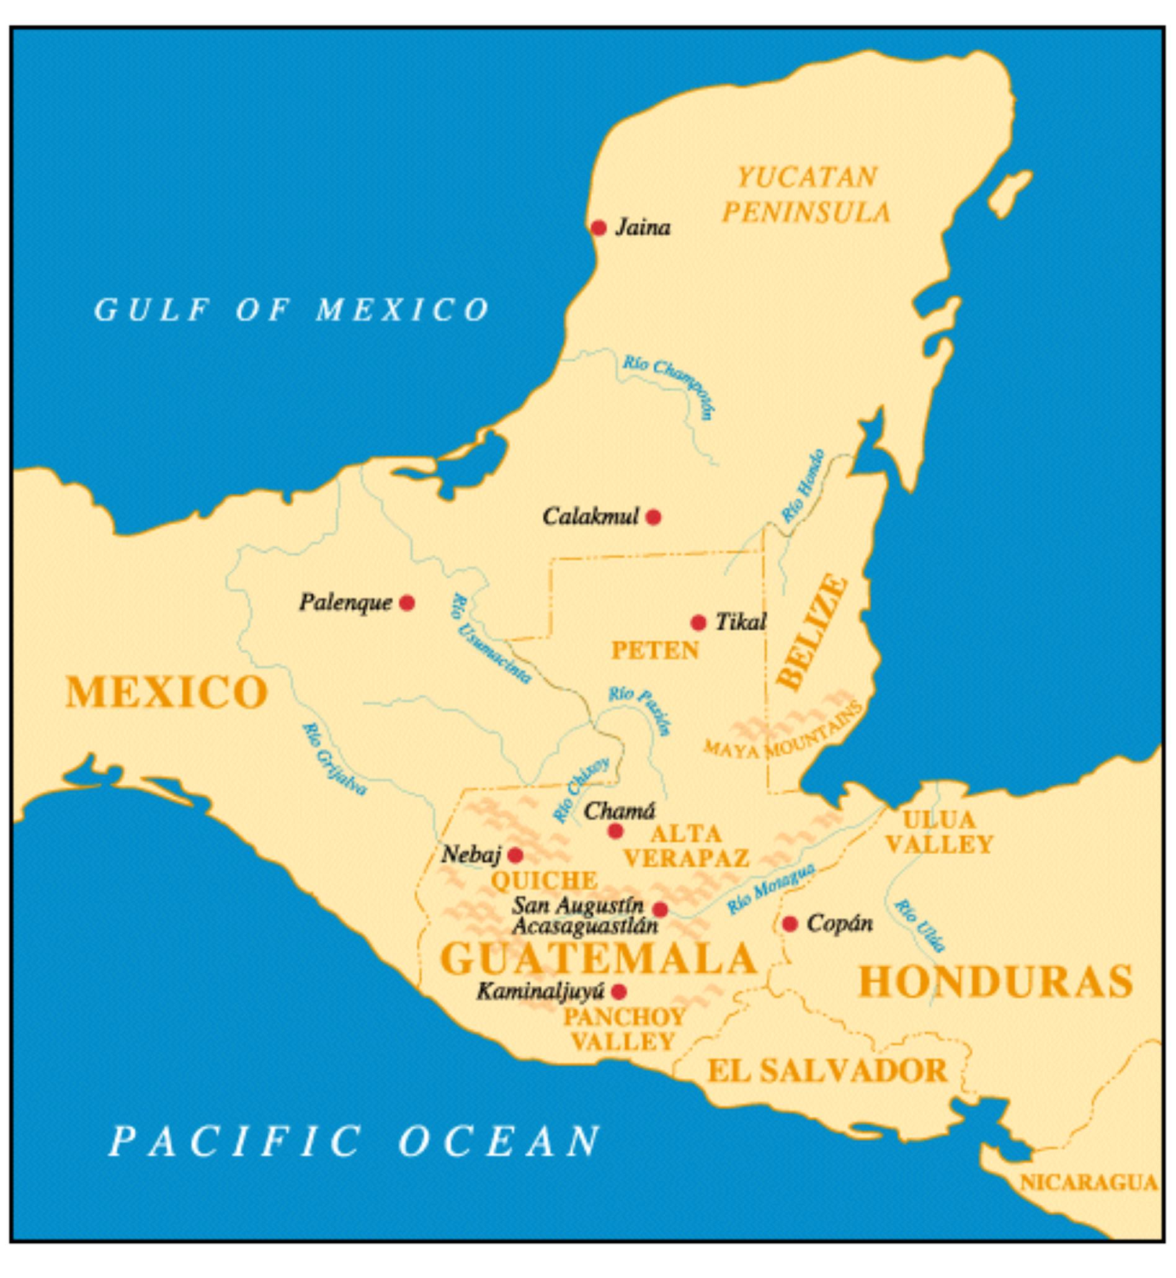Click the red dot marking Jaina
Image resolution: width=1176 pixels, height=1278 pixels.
pyautogui.click(x=598, y=228)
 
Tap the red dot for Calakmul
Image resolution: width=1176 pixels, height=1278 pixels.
pyautogui.click(x=654, y=517)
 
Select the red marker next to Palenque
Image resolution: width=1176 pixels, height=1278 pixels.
pyautogui.click(x=408, y=603)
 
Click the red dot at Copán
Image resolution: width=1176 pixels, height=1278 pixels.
pyautogui.click(x=790, y=924)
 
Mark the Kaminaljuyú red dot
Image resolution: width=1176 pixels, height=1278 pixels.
pyautogui.click(x=618, y=991)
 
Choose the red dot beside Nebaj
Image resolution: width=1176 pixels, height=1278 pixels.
pyautogui.click(x=515, y=855)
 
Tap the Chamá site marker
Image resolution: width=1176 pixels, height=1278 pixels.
pyautogui.click(x=615, y=831)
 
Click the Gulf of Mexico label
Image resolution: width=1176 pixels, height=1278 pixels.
pyautogui.click(x=292, y=310)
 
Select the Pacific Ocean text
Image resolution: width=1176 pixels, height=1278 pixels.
pyautogui.click(x=354, y=1141)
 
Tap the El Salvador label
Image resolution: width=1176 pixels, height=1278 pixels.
pyautogui.click(x=827, y=1071)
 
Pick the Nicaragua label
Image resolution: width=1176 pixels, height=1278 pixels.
pyautogui.click(x=1089, y=1182)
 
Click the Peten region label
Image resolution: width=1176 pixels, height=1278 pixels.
pyautogui.click(x=655, y=650)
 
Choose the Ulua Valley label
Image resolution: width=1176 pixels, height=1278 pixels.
pyautogui.click(x=938, y=833)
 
